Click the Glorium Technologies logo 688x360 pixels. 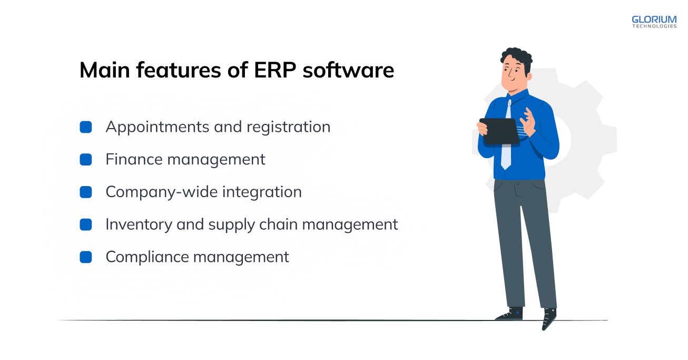654,22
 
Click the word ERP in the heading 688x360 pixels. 275,70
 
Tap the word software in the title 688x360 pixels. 348,70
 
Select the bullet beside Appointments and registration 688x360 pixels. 86,127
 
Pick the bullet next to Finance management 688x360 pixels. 86,160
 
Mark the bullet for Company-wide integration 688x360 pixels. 86,192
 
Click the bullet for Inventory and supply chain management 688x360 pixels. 86,225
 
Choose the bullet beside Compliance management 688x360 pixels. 86,257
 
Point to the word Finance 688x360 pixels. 134,159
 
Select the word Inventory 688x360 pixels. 139,225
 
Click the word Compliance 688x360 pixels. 147,257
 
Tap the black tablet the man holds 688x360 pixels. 500,131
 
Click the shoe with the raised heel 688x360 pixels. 549,318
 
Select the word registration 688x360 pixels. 288,128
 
